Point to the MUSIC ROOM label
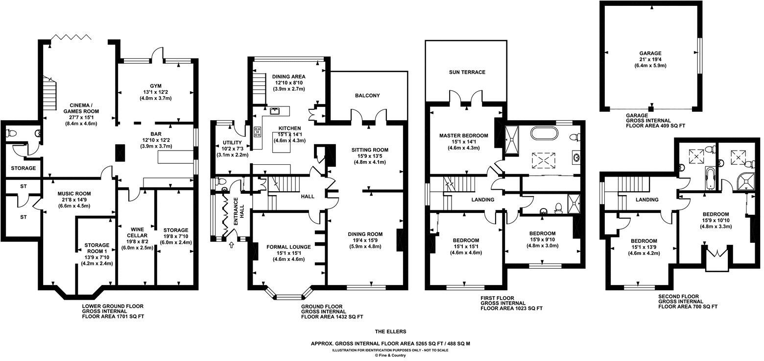coord(73,194)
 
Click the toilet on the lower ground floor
coord(11,133)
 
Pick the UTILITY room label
coord(232,142)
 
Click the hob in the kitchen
coord(257,132)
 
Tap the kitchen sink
coord(274,110)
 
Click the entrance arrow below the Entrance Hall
coord(231,245)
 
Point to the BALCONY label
coord(368,96)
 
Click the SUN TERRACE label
coord(467,72)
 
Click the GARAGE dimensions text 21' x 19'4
coord(650,60)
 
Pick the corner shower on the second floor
coord(745,182)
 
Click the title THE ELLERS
coord(390,332)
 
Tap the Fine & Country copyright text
coord(390,356)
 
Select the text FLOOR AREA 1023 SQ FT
coord(511,309)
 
